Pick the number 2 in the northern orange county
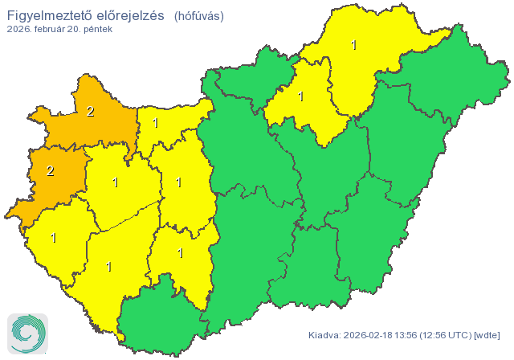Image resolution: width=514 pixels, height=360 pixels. point(90,112)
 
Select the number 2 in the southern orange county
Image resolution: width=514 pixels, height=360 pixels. point(50,170)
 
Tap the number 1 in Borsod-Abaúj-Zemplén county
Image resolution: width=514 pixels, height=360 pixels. point(353,45)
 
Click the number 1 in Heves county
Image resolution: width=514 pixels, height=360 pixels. point(301,96)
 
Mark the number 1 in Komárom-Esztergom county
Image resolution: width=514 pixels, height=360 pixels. point(155,123)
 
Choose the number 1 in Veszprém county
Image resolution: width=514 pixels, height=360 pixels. point(116,182)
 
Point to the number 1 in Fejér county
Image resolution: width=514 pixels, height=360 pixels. point(178,182)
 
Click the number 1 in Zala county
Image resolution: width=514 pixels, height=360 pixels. point(54,238)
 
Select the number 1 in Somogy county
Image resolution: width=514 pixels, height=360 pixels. point(108,267)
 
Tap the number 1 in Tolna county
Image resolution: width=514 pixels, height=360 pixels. point(180,253)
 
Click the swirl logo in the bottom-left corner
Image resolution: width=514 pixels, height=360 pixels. point(27,333)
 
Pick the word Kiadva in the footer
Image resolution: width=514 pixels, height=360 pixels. point(325,335)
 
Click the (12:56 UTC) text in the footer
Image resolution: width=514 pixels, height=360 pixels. point(450,335)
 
